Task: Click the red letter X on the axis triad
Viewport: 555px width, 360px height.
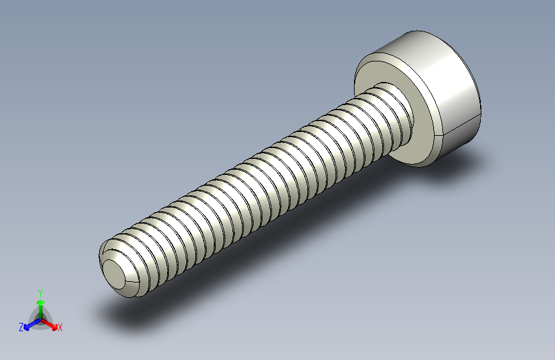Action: (x=60, y=328)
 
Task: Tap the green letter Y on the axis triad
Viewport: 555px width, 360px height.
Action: (x=40, y=291)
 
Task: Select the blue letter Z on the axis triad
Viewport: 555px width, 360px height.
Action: (x=21, y=327)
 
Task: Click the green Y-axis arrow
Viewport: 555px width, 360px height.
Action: (x=40, y=304)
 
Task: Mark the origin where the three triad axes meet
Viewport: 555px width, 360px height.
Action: (x=40, y=318)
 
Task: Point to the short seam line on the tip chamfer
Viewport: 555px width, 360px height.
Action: (x=132, y=281)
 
